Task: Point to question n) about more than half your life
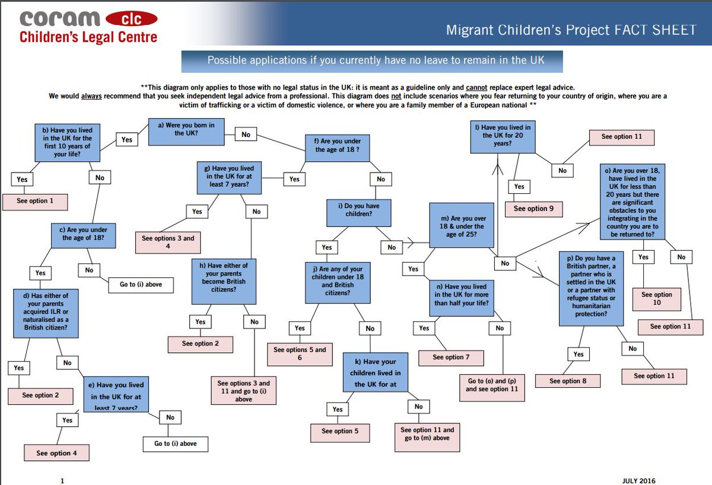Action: (461, 295)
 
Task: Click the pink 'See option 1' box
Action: (35, 201)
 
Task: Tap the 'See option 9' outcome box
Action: (533, 209)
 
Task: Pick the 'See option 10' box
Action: (657, 299)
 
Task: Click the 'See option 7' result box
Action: (451, 358)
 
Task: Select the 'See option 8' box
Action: (568, 381)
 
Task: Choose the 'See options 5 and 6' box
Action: (300, 353)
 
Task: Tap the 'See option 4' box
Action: (56, 453)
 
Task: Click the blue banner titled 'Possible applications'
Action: (371, 60)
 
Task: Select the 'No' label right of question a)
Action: (246, 135)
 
